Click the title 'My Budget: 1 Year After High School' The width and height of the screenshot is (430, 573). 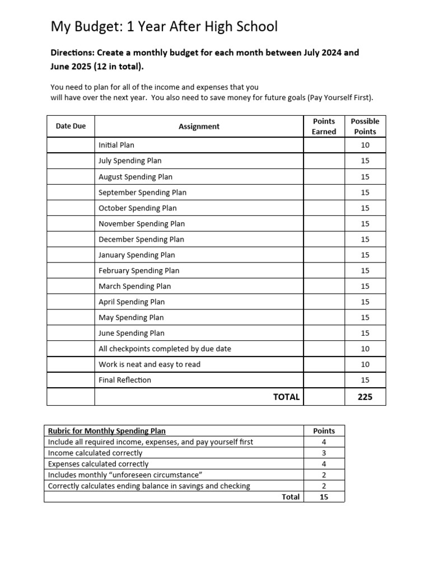click(x=164, y=26)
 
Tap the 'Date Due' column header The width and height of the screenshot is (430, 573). click(x=71, y=126)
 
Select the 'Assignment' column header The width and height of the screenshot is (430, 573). click(x=199, y=126)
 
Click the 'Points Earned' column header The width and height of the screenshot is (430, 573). click(x=324, y=126)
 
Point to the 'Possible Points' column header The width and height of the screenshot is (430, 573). click(x=365, y=126)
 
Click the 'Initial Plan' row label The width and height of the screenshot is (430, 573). click(x=116, y=145)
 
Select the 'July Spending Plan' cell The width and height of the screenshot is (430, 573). click(x=130, y=161)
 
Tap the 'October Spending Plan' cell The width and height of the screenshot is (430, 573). click(x=137, y=208)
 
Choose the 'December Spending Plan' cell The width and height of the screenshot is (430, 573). click(x=141, y=239)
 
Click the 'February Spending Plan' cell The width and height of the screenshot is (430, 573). click(x=139, y=270)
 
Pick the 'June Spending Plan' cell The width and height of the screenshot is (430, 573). click(x=132, y=333)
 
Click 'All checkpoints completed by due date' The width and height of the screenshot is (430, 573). click(x=165, y=349)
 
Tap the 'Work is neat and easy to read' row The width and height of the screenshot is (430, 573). click(x=149, y=364)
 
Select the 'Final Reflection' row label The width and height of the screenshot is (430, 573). click(x=125, y=380)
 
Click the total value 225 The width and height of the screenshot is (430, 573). click(x=365, y=397)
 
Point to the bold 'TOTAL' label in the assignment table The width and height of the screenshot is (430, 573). click(x=286, y=397)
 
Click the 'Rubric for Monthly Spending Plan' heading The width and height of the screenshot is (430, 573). click(x=106, y=431)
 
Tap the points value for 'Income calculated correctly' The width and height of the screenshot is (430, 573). click(x=324, y=453)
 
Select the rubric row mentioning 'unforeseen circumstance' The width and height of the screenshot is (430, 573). click(x=125, y=475)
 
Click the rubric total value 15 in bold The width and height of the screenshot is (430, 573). click(x=324, y=497)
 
